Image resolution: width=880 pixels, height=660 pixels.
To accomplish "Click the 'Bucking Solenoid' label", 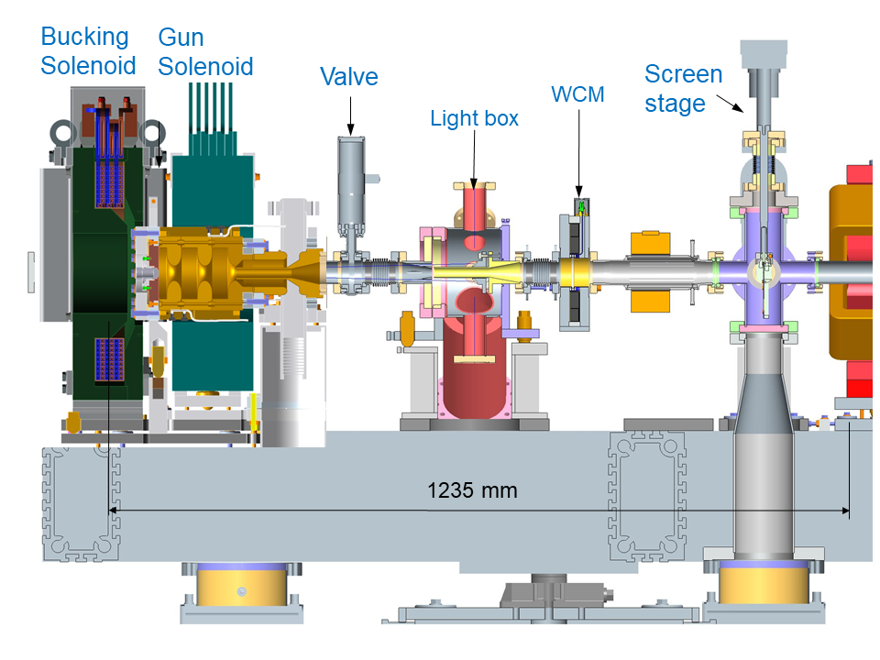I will pos(88,51).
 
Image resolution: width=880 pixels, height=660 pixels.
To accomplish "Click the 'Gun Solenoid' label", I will pos(205,51).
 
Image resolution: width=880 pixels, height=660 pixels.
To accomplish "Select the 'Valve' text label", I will pos(348,76).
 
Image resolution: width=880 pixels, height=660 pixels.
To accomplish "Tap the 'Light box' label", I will pos(474,118).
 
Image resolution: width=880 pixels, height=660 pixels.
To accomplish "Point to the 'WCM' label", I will pos(577,94).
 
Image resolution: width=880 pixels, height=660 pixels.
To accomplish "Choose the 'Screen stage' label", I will pos(683,88).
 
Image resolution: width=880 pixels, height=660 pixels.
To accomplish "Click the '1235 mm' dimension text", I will pos(472,490).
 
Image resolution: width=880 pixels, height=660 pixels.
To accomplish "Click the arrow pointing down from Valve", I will pos(349,115).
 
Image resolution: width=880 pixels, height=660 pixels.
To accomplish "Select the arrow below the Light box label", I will pos(474,156).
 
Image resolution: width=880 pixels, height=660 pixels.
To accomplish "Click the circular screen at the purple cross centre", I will pos(761,270).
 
